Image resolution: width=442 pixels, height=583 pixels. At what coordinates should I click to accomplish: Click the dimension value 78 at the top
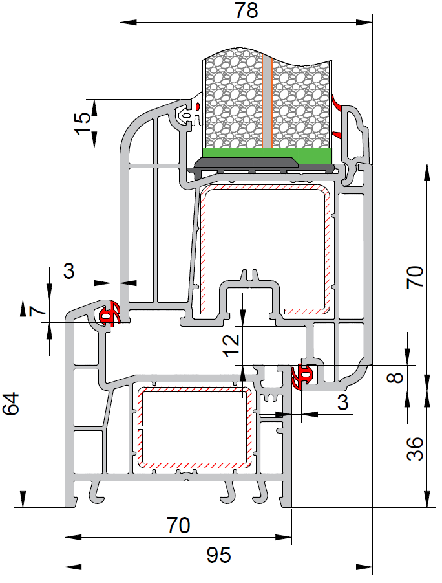pyautogui.click(x=246, y=10)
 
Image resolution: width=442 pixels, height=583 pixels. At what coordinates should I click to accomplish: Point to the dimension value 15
pyautogui.click(x=82, y=124)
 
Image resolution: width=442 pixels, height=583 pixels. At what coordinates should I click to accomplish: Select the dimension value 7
pyautogui.click(x=38, y=310)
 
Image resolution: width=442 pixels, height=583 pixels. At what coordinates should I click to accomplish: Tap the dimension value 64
pyautogui.click(x=11, y=404)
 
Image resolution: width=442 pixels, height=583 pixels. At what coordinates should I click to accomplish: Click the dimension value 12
pyautogui.click(x=231, y=346)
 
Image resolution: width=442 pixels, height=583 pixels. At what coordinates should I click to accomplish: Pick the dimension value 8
pyautogui.click(x=395, y=378)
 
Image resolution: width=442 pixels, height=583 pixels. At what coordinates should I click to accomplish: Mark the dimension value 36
pyautogui.click(x=415, y=449)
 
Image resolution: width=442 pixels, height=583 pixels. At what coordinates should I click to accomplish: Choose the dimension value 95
pyautogui.click(x=219, y=555)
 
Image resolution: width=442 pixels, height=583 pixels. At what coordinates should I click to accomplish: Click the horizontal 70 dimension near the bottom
pyautogui.click(x=178, y=525)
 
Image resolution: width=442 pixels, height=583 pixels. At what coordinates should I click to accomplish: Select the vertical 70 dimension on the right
pyautogui.click(x=415, y=277)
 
